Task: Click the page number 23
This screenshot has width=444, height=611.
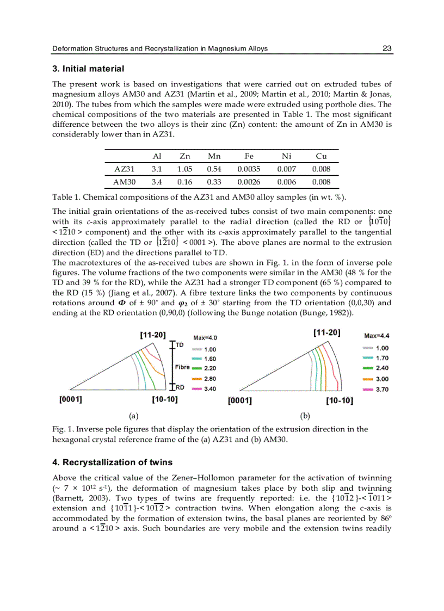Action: tap(387, 48)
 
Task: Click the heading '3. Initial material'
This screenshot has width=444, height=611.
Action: tap(88, 69)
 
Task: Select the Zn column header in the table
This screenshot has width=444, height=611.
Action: tap(184, 156)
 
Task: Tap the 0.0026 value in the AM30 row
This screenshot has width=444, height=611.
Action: tap(249, 182)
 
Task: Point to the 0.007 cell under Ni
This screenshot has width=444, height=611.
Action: tap(287, 169)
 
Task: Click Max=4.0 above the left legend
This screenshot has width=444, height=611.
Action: tap(205, 338)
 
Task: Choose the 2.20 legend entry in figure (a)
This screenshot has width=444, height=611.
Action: tap(209, 368)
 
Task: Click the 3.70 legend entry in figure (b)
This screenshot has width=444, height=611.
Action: tap(382, 390)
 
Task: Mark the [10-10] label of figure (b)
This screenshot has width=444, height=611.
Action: tap(340, 402)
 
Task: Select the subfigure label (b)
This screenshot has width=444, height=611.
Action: tap(305, 416)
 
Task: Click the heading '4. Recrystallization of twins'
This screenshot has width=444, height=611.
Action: tap(112, 462)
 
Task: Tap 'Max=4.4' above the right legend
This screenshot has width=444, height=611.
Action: tap(377, 336)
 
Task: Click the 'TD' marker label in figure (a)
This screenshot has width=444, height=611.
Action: tap(180, 345)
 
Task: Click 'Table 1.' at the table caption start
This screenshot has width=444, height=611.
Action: tap(66, 196)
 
